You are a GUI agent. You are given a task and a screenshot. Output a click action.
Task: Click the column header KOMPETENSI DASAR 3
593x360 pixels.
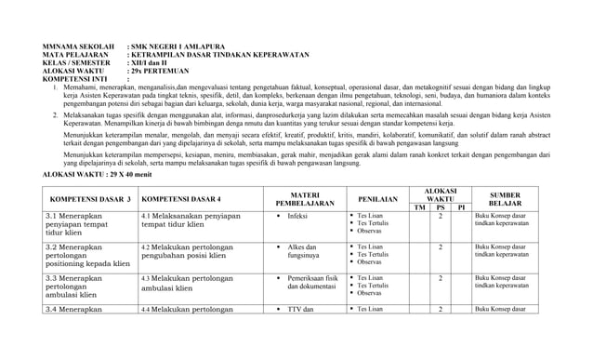(x=90, y=199)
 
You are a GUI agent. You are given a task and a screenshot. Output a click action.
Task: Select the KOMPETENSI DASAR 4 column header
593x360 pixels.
(x=181, y=199)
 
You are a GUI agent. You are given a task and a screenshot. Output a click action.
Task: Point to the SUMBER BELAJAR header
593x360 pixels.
(x=505, y=198)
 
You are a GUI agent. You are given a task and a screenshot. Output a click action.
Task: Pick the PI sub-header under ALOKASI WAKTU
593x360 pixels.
(x=461, y=207)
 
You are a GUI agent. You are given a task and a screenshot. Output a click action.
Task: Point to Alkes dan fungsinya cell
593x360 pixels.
(x=304, y=251)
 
